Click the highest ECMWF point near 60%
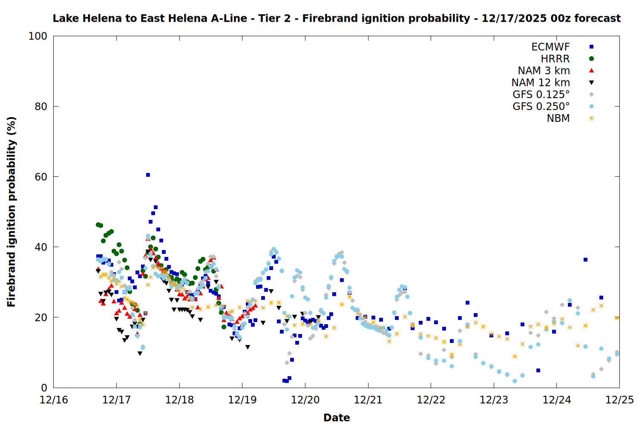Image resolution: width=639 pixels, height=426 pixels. [148, 175]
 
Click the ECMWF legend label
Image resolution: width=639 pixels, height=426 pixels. [550, 47]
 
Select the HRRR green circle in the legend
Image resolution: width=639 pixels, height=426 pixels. [591, 59]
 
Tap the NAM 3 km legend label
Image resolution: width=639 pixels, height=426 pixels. [544, 71]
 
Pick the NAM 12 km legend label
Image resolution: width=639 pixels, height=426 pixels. [541, 83]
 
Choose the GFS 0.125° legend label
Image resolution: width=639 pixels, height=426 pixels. [541, 95]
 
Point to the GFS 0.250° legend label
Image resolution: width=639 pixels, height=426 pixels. [541, 106]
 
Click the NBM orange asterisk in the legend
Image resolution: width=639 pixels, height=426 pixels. [591, 118]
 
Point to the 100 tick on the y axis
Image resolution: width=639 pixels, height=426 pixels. [38, 36]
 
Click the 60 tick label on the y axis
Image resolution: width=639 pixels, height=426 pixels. [41, 177]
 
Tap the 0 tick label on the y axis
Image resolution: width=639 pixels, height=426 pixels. [44, 388]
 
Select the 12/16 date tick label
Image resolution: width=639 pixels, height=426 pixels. [54, 400]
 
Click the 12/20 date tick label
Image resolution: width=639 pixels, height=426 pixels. [305, 400]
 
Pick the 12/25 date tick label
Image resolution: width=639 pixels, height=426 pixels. [619, 400]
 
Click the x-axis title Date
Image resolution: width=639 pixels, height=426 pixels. [337, 417]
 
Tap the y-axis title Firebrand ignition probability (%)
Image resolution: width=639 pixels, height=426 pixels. [12, 212]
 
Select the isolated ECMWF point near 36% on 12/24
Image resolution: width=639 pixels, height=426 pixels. [585, 259]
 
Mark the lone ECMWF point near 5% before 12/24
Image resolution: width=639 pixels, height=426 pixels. [538, 370]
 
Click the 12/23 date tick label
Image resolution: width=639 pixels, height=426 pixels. [494, 400]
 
